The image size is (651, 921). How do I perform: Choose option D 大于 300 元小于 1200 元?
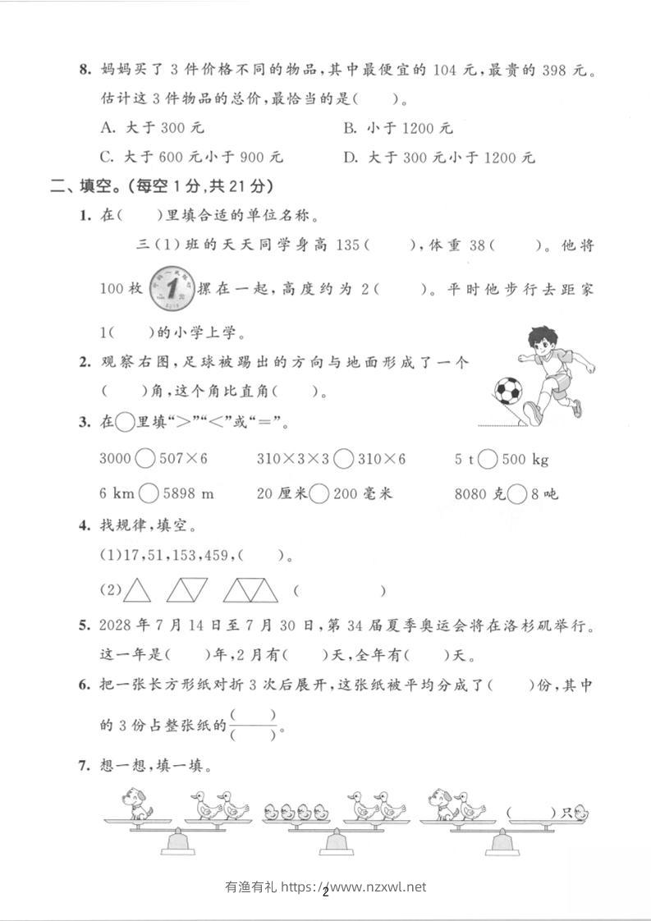(438, 158)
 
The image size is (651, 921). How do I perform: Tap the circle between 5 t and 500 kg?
(487, 459)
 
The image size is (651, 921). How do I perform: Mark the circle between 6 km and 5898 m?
(149, 493)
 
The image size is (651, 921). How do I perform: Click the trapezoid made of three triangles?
(250, 590)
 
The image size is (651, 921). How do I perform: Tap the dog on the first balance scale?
(136, 804)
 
